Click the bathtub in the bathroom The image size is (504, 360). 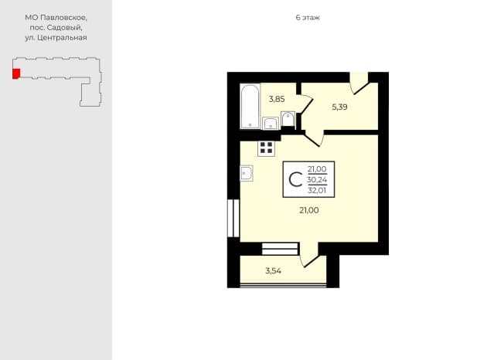(250, 106)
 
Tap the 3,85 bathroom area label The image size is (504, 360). (277, 99)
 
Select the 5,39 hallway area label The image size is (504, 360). (339, 107)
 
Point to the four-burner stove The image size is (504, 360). (266, 148)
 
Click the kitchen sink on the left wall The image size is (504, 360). (247, 173)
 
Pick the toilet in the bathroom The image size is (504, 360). (288, 119)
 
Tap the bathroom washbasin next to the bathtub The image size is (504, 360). (271, 124)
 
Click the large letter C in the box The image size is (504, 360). (295, 179)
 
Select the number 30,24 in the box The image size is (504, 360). (317, 180)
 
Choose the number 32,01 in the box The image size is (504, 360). (317, 191)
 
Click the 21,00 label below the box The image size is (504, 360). (309, 210)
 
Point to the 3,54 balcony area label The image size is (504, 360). (273, 270)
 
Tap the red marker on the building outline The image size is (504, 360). (16, 73)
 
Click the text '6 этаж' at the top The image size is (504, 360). (308, 18)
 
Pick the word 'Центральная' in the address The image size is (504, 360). (62, 38)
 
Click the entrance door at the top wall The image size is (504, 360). (359, 83)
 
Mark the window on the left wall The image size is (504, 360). (233, 219)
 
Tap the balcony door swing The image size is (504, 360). (309, 255)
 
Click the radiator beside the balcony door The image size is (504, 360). (280, 249)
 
